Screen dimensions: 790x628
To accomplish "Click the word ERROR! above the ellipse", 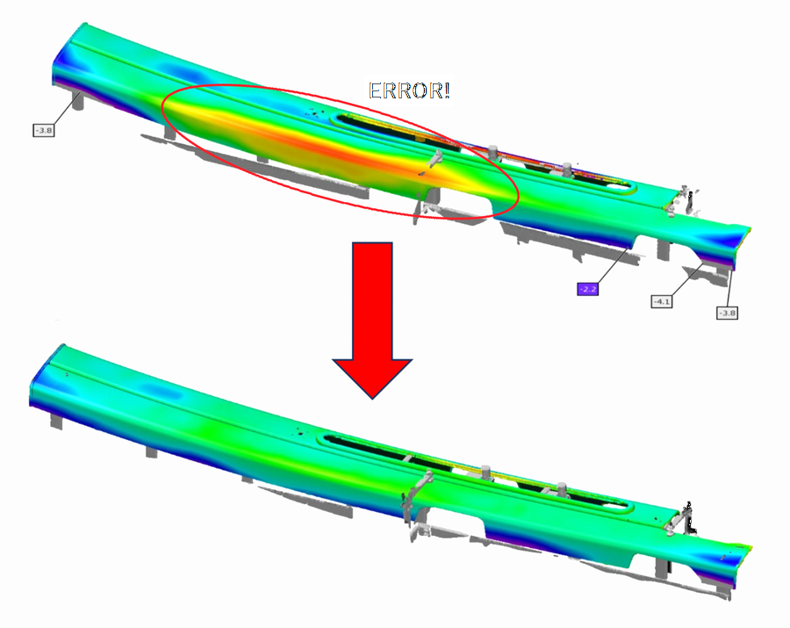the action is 409,90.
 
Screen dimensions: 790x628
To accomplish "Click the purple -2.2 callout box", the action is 587,289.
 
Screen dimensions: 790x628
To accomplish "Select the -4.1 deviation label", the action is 662,302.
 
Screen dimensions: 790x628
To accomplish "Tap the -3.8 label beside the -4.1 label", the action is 727,313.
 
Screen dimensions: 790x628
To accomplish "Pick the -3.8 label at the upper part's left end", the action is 43,130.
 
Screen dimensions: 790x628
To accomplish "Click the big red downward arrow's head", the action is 372,378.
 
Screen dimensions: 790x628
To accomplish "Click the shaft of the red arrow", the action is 372,301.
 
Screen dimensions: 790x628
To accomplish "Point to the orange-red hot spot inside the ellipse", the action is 322,146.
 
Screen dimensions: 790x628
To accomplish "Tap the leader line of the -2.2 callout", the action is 612,266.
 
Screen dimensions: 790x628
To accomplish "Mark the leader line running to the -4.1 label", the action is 687,279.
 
